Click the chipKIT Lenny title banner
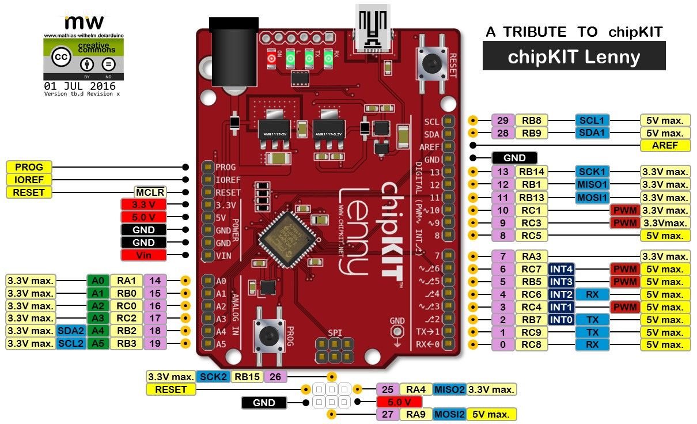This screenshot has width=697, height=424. click(x=574, y=56)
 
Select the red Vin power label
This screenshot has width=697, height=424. click(x=143, y=255)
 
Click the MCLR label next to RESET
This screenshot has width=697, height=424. click(x=150, y=192)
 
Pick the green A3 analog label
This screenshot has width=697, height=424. click(x=97, y=318)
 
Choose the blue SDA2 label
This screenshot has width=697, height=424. click(x=70, y=331)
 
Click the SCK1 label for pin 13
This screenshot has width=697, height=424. click(x=592, y=171)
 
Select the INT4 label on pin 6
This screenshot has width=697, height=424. click(x=562, y=269)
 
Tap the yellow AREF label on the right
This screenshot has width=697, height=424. click(x=665, y=145)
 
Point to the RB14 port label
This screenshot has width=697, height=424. click(x=532, y=171)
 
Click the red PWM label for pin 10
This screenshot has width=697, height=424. click(x=624, y=210)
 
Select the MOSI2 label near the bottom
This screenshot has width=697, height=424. click(x=449, y=414)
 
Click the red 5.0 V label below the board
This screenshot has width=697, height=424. click(x=399, y=402)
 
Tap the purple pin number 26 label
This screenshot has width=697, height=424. click(x=276, y=377)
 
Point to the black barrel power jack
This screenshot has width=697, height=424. click(x=233, y=55)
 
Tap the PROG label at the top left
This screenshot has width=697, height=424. click(x=29, y=167)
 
